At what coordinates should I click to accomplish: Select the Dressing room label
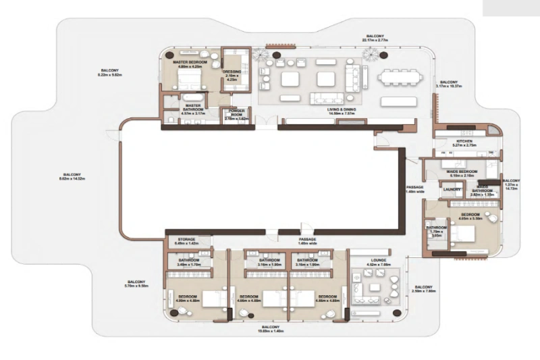(232, 72)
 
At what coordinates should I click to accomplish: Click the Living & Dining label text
(342, 111)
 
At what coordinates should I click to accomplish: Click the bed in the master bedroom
(190, 82)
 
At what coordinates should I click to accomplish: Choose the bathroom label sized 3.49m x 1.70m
(189, 262)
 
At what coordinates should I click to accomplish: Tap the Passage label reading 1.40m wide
(307, 241)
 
